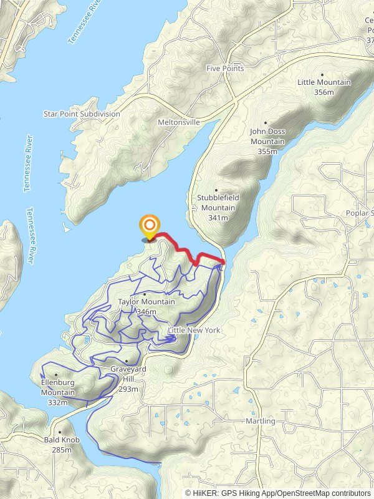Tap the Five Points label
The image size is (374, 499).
coord(226,68)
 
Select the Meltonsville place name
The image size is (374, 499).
coord(179,122)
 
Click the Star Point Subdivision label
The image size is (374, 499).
coord(81,114)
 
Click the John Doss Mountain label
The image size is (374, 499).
coord(267,137)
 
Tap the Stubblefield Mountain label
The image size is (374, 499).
coord(218,203)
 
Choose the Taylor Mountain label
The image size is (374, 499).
coord(146,302)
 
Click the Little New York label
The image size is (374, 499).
coord(194,330)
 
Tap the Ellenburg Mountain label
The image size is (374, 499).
coord(58,388)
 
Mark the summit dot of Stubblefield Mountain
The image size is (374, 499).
coord(217,190)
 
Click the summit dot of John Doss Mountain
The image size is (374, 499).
coord(266,123)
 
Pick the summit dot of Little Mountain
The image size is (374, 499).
coord(323,74)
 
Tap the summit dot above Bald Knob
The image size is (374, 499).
coord(60,432)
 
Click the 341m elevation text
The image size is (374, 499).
coord(218,218)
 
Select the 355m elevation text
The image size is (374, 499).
coord(267,152)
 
